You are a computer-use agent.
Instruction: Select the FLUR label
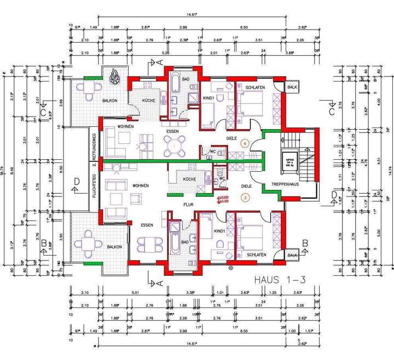click(x=190, y=204)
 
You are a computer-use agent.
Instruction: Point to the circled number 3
click(x=245, y=197)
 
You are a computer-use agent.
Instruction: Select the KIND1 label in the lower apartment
click(x=220, y=232)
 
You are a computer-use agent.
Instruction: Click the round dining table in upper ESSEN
click(x=174, y=144)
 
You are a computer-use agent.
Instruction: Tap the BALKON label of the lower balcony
click(x=114, y=247)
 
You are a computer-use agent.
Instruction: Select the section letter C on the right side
click(x=332, y=112)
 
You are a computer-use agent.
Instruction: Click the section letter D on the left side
click(x=77, y=181)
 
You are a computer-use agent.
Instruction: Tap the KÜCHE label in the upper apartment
click(x=149, y=101)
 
